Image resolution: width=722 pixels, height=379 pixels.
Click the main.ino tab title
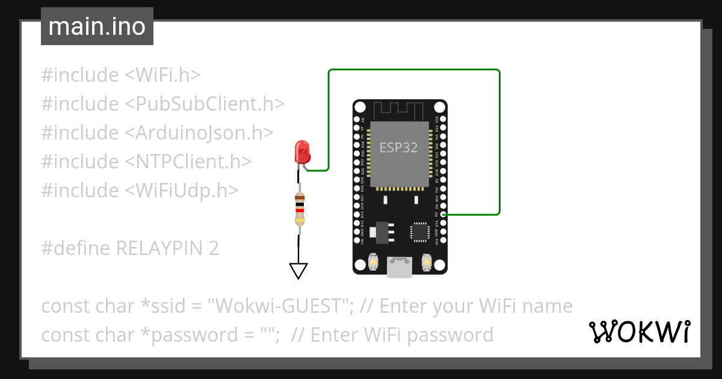tap(97, 26)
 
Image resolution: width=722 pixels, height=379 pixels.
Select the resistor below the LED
tap(299, 208)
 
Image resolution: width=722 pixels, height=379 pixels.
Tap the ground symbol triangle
tap(298, 271)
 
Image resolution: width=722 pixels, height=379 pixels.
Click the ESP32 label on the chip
tap(398, 147)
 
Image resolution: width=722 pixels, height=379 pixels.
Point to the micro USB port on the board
tap(400, 267)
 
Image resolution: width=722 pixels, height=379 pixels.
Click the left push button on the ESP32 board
tap(373, 263)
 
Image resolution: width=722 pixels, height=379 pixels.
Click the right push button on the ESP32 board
tap(427, 263)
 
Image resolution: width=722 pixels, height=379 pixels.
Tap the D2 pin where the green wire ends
tap(443, 214)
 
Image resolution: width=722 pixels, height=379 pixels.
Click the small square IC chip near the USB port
tap(419, 232)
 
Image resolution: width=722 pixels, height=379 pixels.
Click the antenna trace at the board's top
tap(399, 110)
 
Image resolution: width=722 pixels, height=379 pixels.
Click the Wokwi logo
tap(639, 332)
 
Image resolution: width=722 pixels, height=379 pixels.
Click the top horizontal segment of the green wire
tap(414, 70)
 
